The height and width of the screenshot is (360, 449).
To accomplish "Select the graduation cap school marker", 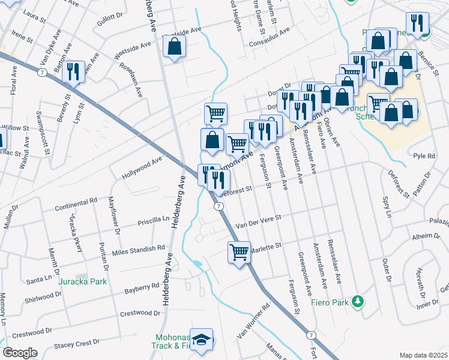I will click(x=202, y=339).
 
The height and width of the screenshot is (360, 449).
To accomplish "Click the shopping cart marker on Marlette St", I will click(x=239, y=251).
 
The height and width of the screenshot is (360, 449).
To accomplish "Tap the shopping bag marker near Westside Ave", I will click(x=174, y=46).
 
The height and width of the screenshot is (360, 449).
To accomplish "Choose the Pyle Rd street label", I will click(x=424, y=156).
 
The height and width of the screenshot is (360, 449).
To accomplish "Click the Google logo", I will click(x=20, y=353).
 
